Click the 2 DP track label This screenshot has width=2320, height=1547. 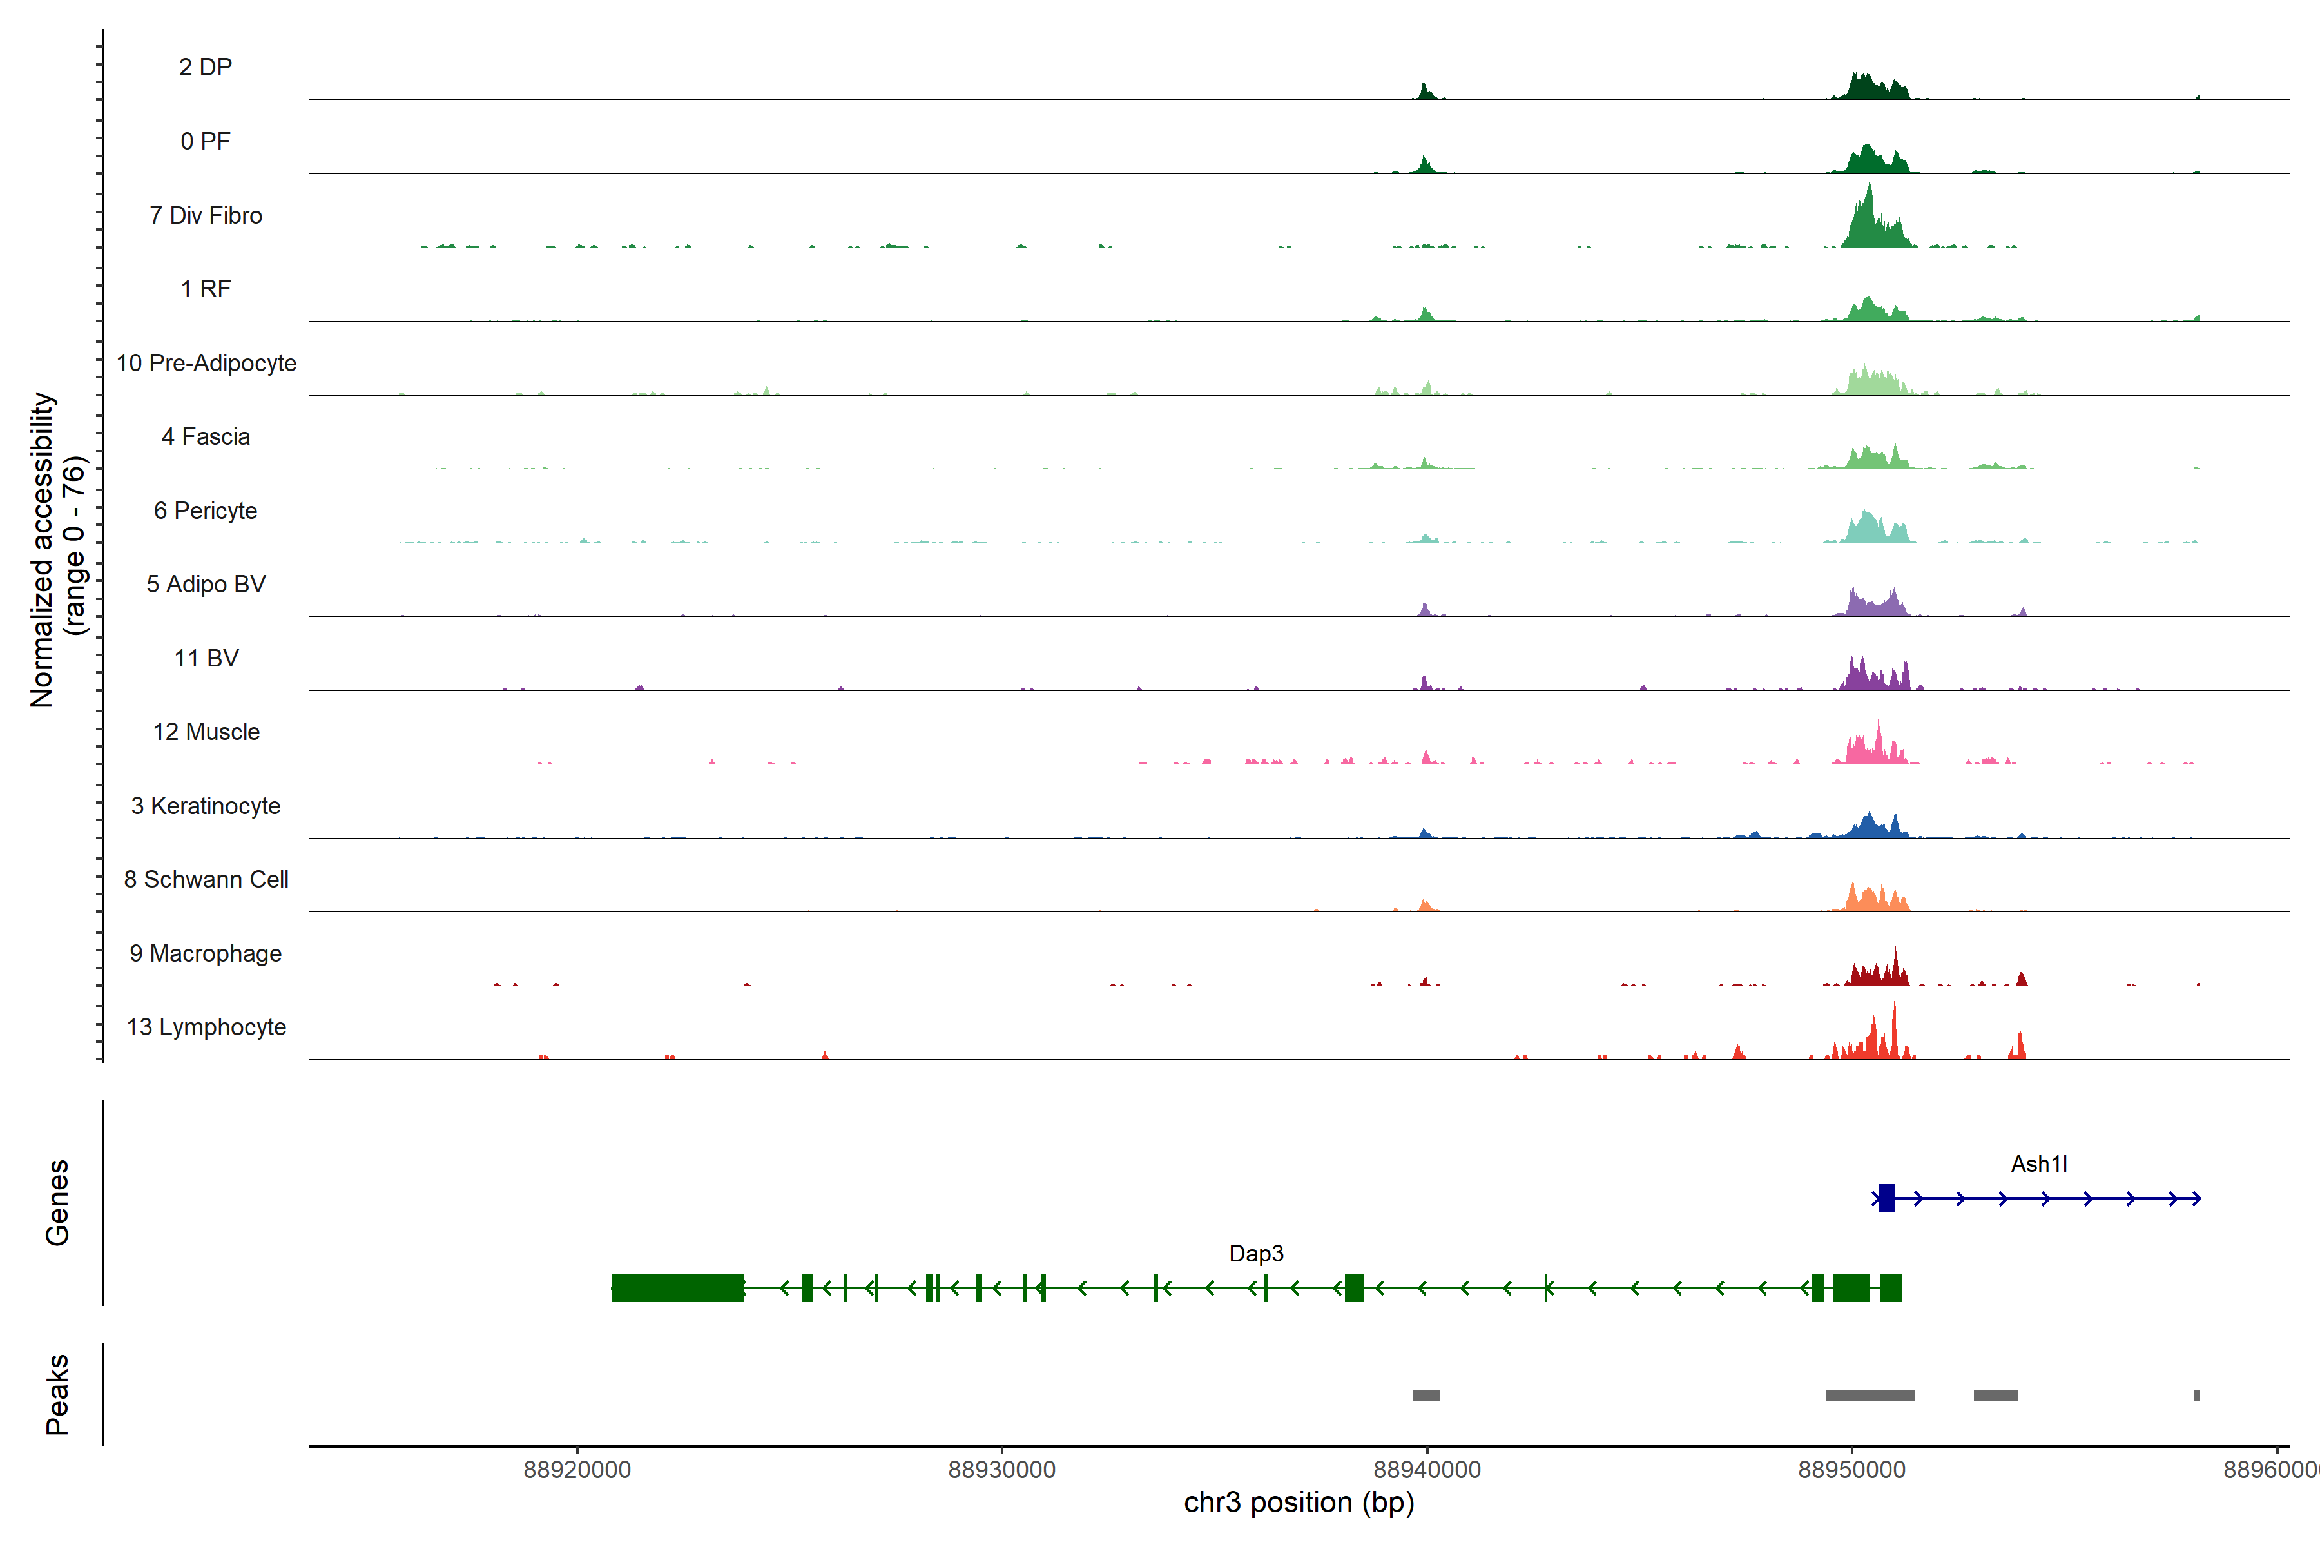(x=205, y=67)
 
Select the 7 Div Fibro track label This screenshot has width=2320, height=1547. (x=205, y=215)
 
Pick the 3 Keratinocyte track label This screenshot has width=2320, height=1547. (x=205, y=806)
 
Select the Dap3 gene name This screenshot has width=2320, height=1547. (x=1255, y=1253)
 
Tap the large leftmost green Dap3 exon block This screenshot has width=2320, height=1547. (x=677, y=1287)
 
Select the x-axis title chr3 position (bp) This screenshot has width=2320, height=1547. (x=1298, y=1503)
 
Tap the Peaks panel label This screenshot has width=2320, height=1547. (x=57, y=1394)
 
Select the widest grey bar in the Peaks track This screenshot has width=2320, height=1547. (x=1870, y=1395)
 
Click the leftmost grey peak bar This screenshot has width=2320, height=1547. (x=1426, y=1395)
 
